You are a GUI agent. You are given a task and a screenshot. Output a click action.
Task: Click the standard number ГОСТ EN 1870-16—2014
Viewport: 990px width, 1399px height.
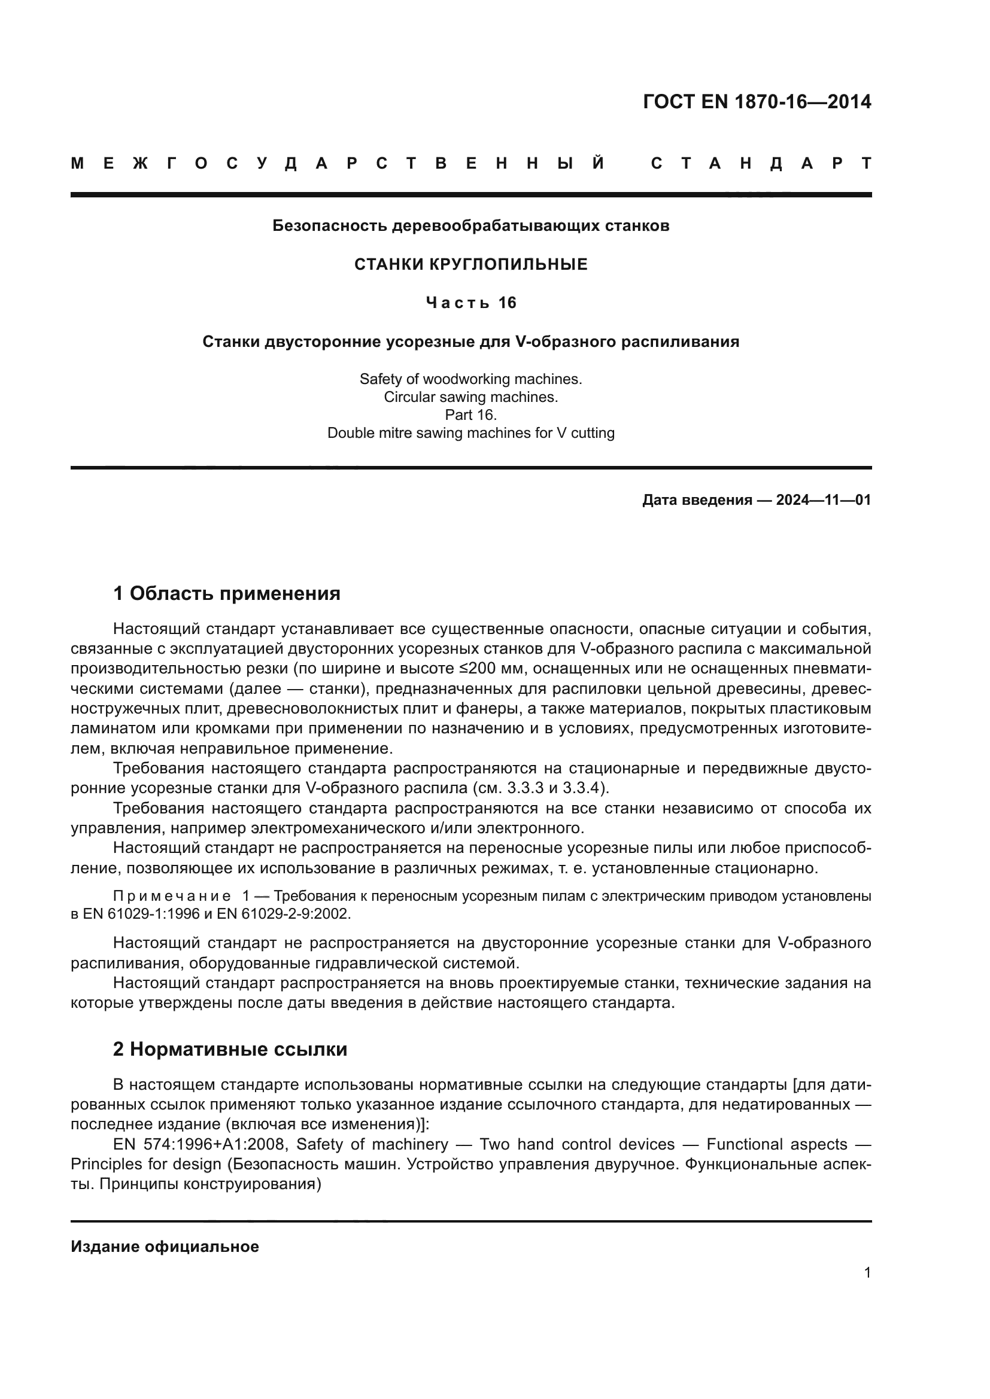point(757,102)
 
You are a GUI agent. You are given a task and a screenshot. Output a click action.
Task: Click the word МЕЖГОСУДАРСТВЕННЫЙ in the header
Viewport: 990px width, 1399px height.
point(338,164)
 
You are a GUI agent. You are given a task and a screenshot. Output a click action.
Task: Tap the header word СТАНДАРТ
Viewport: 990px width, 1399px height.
point(761,164)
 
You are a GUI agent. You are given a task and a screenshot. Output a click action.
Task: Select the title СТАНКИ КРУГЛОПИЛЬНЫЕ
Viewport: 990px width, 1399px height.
point(470,264)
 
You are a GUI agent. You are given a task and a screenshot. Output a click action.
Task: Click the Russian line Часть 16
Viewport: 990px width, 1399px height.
point(470,303)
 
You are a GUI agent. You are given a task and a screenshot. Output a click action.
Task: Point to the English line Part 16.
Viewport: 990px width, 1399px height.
point(470,415)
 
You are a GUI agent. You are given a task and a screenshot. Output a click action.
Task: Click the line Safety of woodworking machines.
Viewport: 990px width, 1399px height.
point(470,379)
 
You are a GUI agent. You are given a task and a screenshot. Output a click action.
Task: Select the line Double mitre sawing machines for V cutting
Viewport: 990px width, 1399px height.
point(470,433)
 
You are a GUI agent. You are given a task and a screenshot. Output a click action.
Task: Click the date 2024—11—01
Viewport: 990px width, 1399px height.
point(823,500)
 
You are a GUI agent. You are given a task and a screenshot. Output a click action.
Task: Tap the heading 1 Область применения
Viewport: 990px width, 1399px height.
point(227,593)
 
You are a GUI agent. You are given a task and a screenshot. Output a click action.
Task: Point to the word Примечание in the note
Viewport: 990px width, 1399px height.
point(172,896)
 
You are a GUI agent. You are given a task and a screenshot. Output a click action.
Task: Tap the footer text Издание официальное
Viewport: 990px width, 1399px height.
point(165,1246)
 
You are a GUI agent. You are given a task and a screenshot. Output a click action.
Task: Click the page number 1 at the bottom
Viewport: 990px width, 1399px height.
point(867,1273)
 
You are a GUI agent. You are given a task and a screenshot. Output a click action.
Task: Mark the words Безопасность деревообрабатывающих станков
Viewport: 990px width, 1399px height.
point(470,226)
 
